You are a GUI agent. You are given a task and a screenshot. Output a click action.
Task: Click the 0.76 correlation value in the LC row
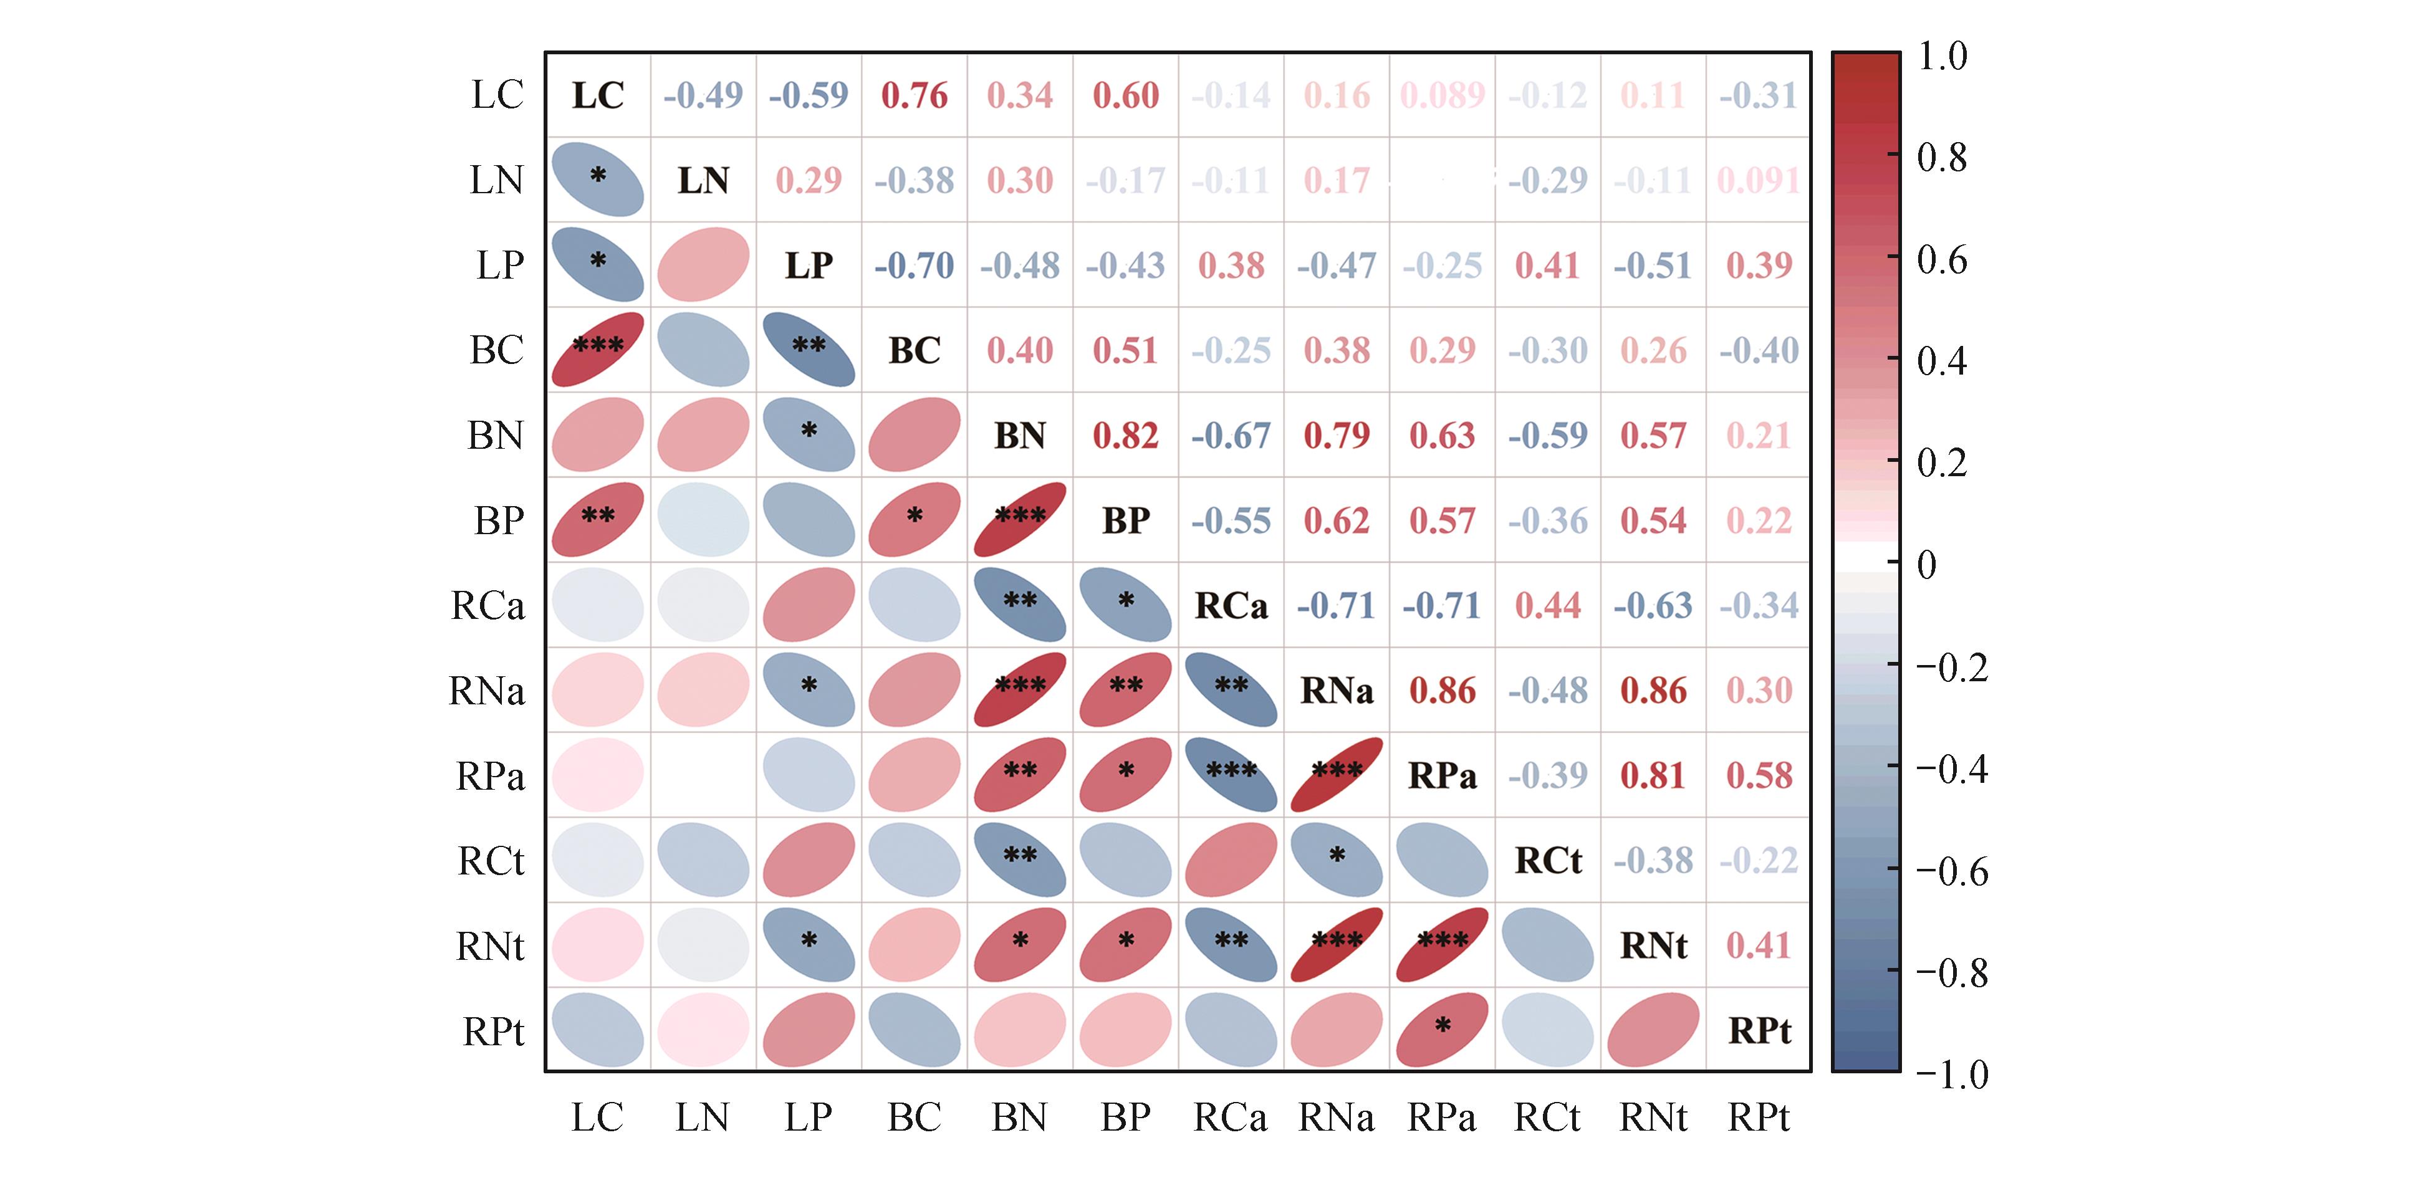[x=914, y=95]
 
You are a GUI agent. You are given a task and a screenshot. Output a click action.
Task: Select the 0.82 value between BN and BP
[x=1125, y=436]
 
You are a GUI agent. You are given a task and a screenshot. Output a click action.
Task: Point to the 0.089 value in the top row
[x=1443, y=95]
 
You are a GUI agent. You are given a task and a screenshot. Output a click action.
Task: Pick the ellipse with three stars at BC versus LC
[x=598, y=349]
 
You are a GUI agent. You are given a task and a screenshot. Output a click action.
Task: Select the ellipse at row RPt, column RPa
[x=1443, y=1029]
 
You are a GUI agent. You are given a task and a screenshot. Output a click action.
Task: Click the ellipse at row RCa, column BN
[x=1020, y=605]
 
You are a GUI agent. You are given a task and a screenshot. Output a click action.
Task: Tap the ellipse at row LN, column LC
[x=598, y=180]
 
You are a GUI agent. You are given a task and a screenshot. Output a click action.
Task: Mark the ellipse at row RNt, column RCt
[x=1548, y=944]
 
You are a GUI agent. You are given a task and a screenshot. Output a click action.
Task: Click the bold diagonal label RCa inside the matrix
[x=1231, y=605]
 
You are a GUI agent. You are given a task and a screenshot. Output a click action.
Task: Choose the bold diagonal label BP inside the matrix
[x=1125, y=520]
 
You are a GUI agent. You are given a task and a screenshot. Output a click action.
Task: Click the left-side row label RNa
[x=487, y=691]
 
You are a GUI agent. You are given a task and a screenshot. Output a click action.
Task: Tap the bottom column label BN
[x=1020, y=1118]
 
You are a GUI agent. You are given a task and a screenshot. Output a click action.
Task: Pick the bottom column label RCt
[x=1547, y=1118]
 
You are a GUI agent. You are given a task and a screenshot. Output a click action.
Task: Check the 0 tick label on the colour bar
[x=1927, y=565]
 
